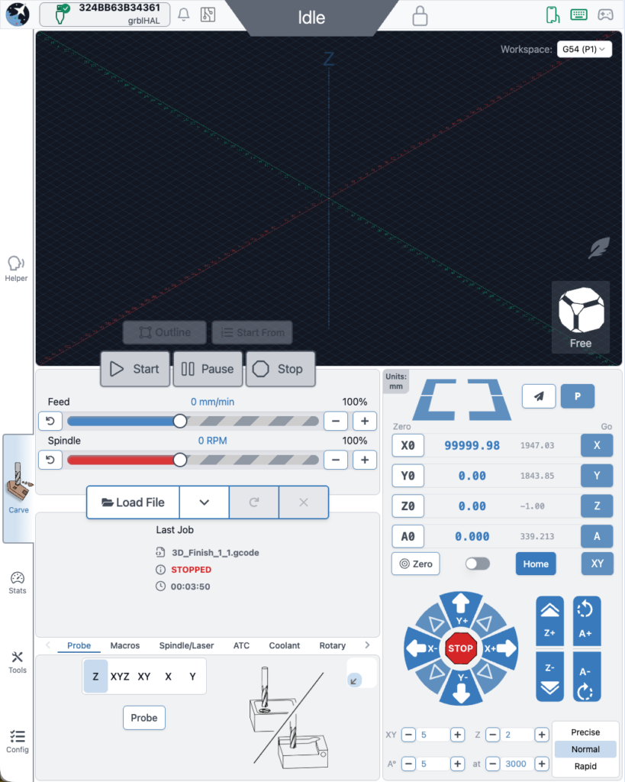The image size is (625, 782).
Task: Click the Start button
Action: (135, 369)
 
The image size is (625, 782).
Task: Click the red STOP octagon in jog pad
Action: (460, 648)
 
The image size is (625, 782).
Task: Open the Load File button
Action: (133, 502)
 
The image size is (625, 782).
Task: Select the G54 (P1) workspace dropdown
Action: (585, 49)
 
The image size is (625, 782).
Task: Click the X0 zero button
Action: (408, 445)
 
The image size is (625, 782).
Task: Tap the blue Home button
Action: (536, 564)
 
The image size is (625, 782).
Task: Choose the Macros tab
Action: (125, 645)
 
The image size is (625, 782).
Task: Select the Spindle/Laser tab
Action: (186, 645)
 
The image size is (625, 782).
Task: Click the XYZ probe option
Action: (120, 677)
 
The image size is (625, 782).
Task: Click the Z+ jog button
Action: (550, 619)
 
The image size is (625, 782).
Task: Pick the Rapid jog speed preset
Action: (585, 766)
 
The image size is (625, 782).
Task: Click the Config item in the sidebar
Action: (17, 742)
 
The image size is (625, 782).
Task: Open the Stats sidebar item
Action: (17, 583)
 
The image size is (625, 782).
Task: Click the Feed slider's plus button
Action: (365, 421)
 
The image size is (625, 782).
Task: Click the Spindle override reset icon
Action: (50, 460)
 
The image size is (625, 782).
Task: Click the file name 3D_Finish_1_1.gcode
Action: (214, 553)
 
